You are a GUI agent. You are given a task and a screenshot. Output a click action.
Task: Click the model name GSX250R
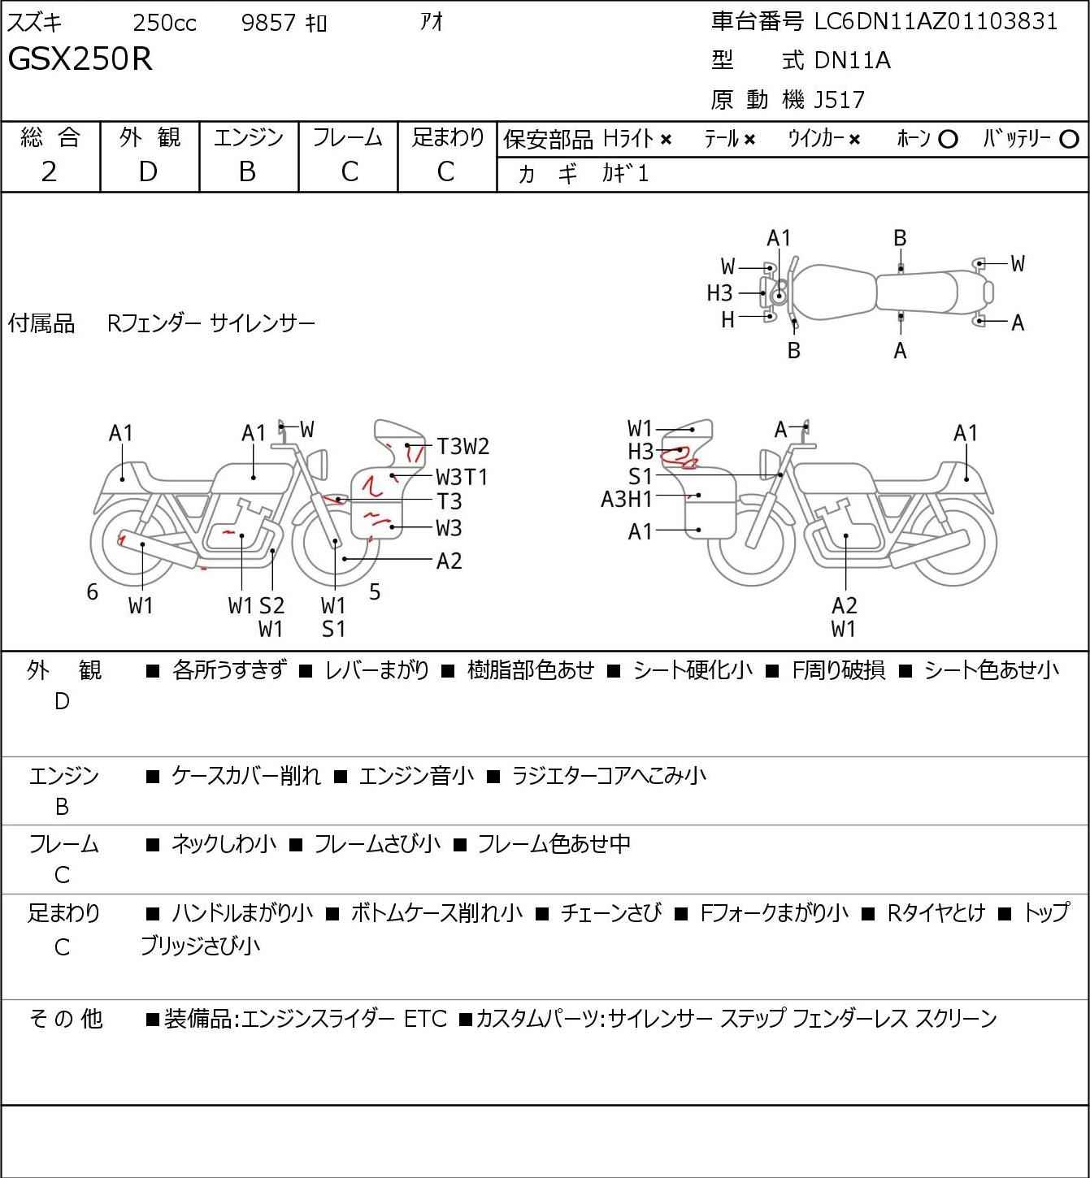(x=80, y=58)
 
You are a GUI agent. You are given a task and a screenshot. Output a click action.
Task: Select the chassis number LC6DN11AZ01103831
(x=936, y=22)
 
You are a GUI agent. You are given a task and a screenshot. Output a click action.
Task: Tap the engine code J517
(x=840, y=100)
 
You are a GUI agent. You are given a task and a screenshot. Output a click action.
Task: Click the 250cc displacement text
(x=164, y=23)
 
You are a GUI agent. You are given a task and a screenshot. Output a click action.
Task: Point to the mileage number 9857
(x=268, y=23)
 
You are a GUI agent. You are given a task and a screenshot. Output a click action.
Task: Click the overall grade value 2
(x=49, y=172)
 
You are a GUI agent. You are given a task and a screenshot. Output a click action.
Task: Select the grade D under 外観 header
(x=148, y=172)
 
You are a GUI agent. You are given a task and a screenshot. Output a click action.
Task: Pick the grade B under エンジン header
(x=247, y=172)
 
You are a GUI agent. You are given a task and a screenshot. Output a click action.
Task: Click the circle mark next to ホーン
(x=948, y=140)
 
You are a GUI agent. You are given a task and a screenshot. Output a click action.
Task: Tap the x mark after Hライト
(x=667, y=140)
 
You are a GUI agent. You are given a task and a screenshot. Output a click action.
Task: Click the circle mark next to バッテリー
(x=1069, y=140)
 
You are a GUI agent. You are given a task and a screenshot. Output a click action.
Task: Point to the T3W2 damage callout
(x=463, y=447)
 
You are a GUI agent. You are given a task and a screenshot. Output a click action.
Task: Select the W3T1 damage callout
(x=462, y=477)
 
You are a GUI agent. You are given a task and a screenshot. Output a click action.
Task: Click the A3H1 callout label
(x=627, y=500)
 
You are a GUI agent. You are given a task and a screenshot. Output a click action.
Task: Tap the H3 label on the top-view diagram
(x=719, y=293)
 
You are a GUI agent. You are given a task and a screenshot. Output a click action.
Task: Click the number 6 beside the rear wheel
(x=92, y=591)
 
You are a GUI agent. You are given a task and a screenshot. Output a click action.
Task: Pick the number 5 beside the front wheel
(x=375, y=591)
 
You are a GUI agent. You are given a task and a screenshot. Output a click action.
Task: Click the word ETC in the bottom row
(x=425, y=1019)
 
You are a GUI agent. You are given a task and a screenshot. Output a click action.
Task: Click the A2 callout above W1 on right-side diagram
(x=845, y=605)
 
